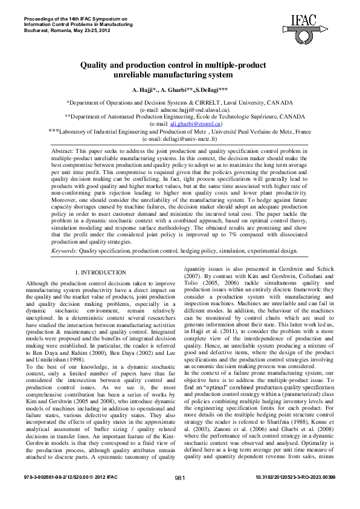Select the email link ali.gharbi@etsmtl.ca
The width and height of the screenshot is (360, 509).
coord(188,123)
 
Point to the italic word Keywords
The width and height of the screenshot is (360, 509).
coord(63,249)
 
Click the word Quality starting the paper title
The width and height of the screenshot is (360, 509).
coord(95,65)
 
